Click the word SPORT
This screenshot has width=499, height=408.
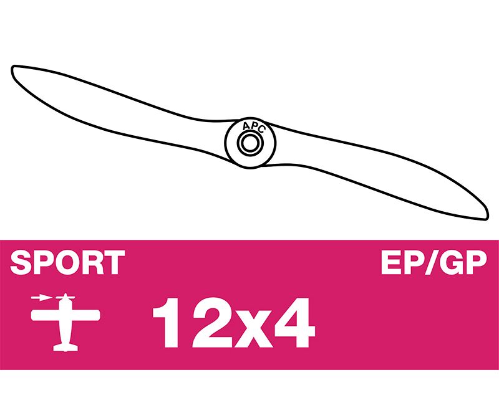(x=67, y=262)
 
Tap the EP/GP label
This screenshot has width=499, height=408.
(x=434, y=262)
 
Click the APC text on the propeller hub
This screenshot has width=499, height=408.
(x=253, y=127)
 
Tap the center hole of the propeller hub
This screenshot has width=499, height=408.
(x=250, y=143)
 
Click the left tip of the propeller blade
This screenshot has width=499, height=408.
(x=12, y=69)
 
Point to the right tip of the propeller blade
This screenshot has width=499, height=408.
(x=487, y=217)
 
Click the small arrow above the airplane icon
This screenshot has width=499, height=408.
(x=42, y=298)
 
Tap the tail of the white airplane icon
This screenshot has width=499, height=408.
(x=65, y=348)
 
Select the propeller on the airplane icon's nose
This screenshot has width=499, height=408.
(x=65, y=298)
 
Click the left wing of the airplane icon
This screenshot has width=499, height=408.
(x=46, y=315)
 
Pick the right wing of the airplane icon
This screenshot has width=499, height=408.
(x=85, y=315)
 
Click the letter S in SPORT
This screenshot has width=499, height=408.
(x=21, y=262)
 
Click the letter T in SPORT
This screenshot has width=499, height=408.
(x=115, y=262)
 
